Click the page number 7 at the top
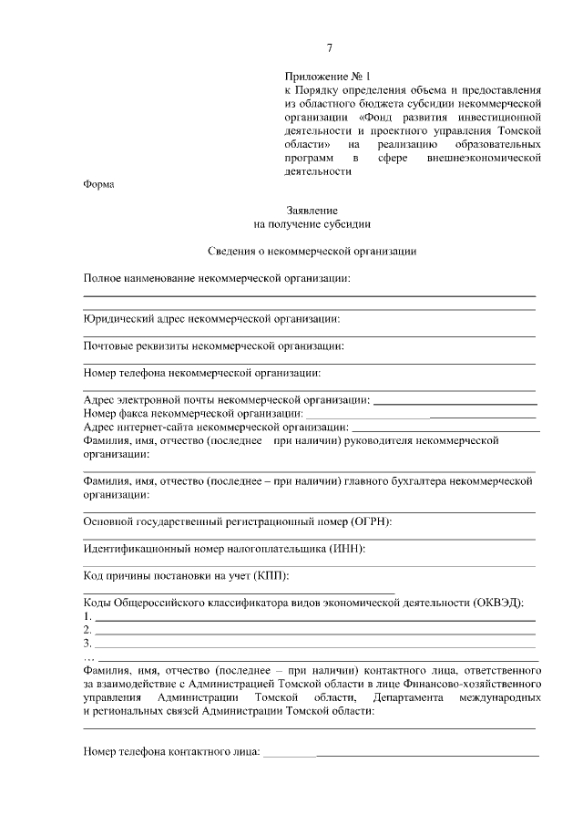point(330,48)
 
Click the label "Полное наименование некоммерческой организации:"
point(217,277)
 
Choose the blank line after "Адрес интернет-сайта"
point(445,429)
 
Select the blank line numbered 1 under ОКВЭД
point(315,619)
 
